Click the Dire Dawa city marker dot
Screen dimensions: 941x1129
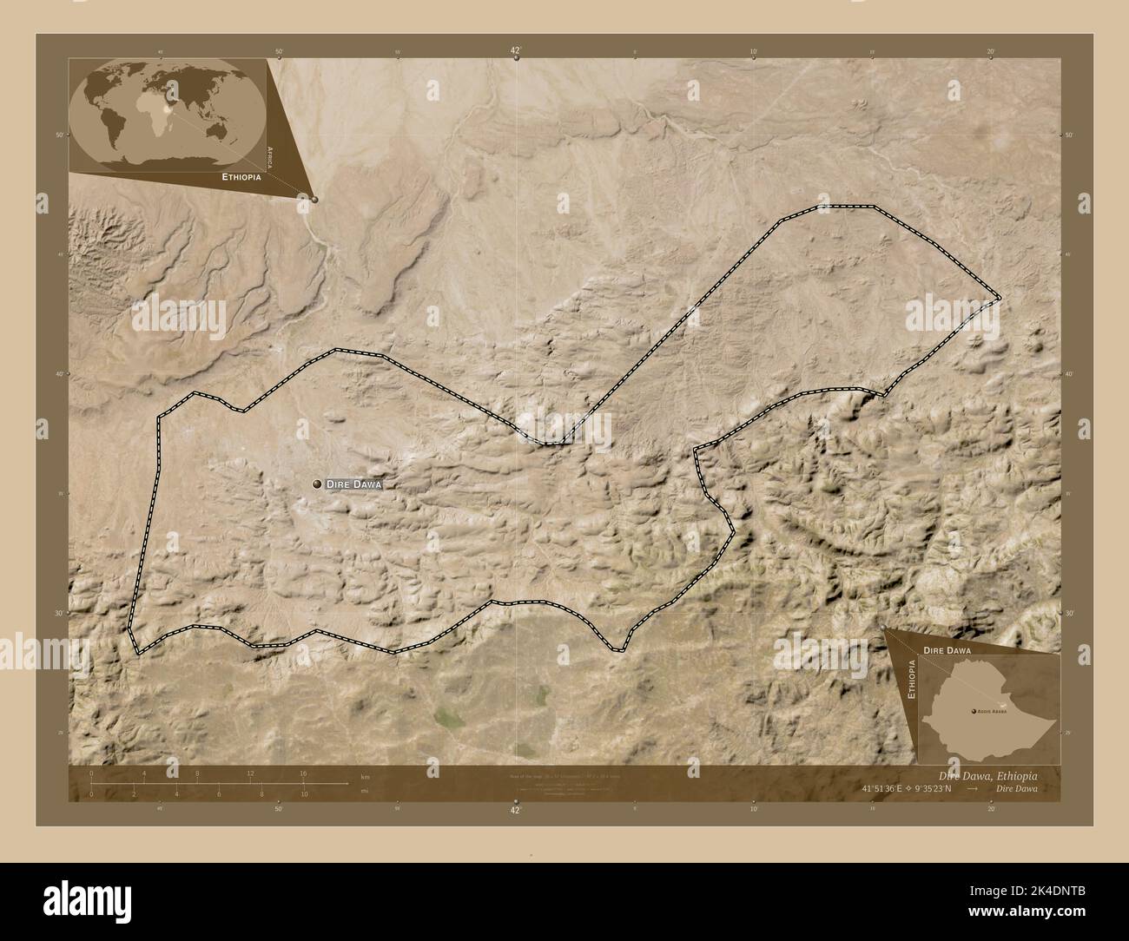tap(317, 484)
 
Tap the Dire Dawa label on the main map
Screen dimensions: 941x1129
tap(353, 484)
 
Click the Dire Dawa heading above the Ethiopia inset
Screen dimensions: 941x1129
tap(947, 649)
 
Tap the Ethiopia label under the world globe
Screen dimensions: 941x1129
tap(241, 176)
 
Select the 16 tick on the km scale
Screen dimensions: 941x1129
tap(303, 773)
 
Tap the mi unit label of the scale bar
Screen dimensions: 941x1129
tap(365, 791)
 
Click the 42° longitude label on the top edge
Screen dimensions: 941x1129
tap(515, 52)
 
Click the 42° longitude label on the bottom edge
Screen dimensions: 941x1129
tap(515, 809)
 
